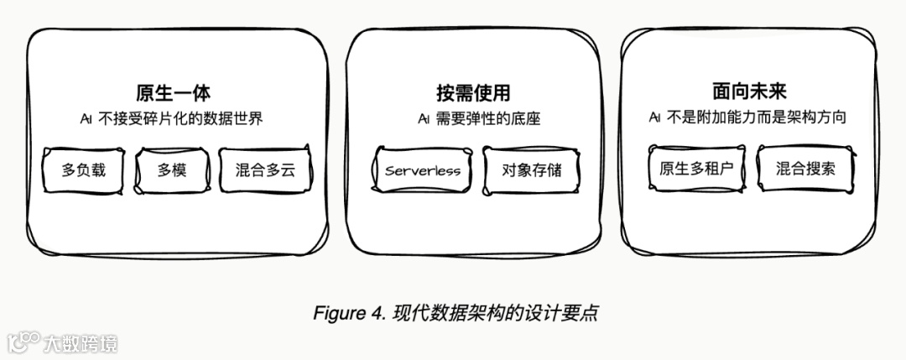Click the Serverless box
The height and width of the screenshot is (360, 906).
[423, 171]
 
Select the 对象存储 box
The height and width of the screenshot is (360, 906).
[532, 171]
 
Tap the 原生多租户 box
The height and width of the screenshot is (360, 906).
[696, 168]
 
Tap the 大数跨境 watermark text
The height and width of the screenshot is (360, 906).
[81, 342]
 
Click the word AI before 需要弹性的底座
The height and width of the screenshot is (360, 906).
[424, 118]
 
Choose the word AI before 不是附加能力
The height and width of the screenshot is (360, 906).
[655, 118]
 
